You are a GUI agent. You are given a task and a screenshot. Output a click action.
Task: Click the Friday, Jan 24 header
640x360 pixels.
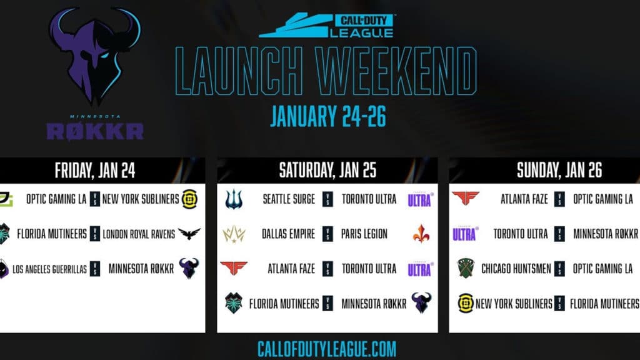point(95,170)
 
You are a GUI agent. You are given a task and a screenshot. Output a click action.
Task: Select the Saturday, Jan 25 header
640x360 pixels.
point(327,170)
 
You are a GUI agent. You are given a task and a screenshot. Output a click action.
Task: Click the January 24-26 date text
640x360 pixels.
point(327,116)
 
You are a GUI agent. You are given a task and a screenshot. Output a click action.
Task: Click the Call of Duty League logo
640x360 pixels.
point(327,26)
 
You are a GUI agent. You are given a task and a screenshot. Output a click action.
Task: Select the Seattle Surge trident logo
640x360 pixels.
point(233,199)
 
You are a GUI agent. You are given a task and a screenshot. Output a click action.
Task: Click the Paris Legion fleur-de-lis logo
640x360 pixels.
point(421,234)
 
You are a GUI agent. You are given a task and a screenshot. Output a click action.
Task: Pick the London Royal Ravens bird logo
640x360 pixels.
point(189,234)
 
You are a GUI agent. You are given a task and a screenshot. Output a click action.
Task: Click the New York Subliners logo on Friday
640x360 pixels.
point(189,199)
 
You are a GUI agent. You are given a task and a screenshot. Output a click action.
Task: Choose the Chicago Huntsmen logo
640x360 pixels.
point(466,269)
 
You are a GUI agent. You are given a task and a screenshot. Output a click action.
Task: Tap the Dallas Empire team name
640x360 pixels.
point(288,234)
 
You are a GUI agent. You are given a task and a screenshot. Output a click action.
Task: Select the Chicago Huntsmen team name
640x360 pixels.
point(516,269)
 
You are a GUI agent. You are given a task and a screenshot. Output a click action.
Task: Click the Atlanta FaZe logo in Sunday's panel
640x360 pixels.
point(466,199)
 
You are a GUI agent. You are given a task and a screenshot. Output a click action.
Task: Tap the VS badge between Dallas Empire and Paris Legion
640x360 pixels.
point(328,234)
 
